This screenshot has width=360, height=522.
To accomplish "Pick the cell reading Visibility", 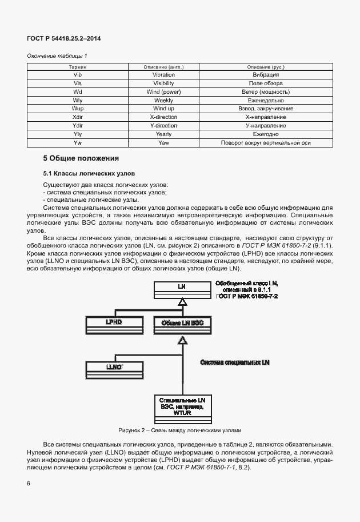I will tap(163, 83).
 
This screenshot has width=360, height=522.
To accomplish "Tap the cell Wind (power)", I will tap(163, 92).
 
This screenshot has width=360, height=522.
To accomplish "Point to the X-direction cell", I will tap(163, 117).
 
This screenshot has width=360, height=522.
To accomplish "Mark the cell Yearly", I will tap(163, 134).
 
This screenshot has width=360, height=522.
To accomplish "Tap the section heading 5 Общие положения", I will tap(81, 158).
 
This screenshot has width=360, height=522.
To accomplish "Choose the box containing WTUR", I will tap(182, 407).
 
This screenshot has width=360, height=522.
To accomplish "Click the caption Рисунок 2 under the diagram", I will tap(180, 430).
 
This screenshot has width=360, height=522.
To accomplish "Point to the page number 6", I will tap(29, 484).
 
